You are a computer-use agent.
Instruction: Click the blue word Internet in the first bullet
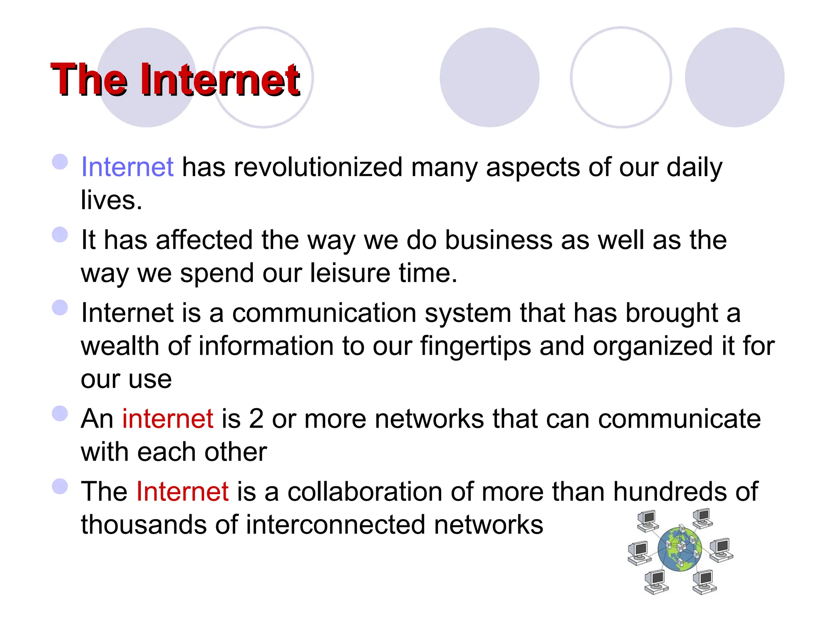pyautogui.click(x=127, y=167)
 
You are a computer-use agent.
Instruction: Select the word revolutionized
pyautogui.click(x=318, y=167)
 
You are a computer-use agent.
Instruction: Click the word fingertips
pyautogui.click(x=476, y=346)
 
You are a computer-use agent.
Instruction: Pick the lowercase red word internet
pyautogui.click(x=167, y=419)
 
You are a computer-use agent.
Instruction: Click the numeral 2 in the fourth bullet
pyautogui.click(x=256, y=419)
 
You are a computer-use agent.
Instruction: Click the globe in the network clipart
pyautogui.click(x=680, y=549)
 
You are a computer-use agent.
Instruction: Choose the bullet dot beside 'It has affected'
pyautogui.click(x=60, y=235)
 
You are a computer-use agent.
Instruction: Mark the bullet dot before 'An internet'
pyautogui.click(x=60, y=413)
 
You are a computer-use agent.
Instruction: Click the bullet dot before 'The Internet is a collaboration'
pyautogui.click(x=60, y=486)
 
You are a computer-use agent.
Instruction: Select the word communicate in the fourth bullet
pyautogui.click(x=679, y=419)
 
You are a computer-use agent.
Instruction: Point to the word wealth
pyautogui.click(x=120, y=346)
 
